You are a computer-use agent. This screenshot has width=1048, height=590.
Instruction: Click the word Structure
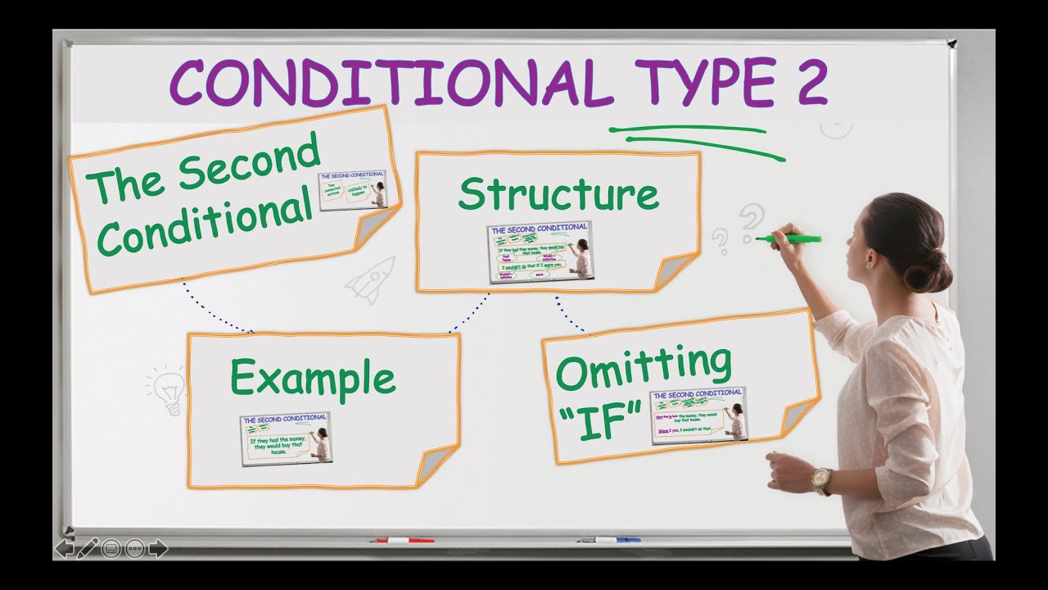(x=558, y=194)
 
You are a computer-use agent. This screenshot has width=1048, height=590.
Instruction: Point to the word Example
(x=313, y=379)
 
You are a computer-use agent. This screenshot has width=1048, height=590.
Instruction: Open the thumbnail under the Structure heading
(x=540, y=252)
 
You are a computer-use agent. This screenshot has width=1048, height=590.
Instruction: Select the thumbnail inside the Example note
(x=286, y=439)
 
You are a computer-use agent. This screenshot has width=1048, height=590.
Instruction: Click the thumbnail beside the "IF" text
(x=698, y=415)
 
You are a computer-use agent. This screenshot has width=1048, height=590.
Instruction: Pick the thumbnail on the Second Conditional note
(x=352, y=190)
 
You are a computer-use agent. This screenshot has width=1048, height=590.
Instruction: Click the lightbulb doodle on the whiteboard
(x=169, y=390)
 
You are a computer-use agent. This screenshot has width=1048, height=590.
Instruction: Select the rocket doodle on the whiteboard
(x=371, y=279)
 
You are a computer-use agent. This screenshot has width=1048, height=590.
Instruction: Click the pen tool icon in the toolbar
(x=88, y=547)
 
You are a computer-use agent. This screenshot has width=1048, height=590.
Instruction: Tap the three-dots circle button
(x=135, y=548)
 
